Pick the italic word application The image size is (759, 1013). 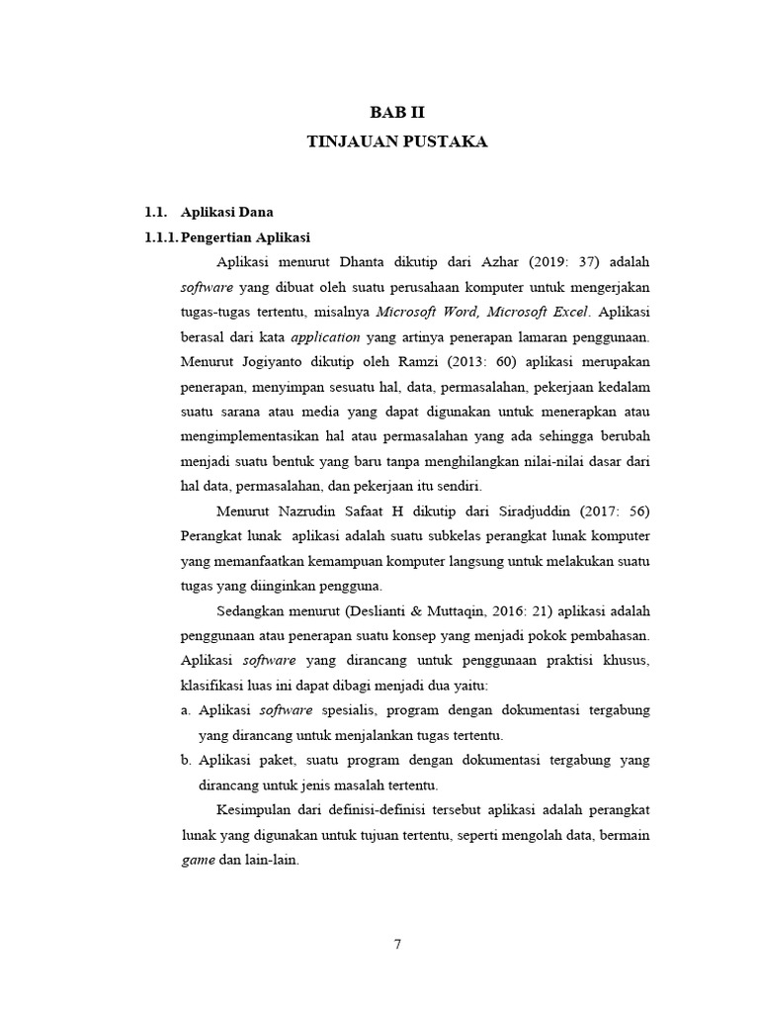[x=325, y=336]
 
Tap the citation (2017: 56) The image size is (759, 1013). [x=616, y=511]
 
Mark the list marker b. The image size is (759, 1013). [x=186, y=760]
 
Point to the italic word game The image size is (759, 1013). [x=198, y=860]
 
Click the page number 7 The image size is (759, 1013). [x=396, y=943]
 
